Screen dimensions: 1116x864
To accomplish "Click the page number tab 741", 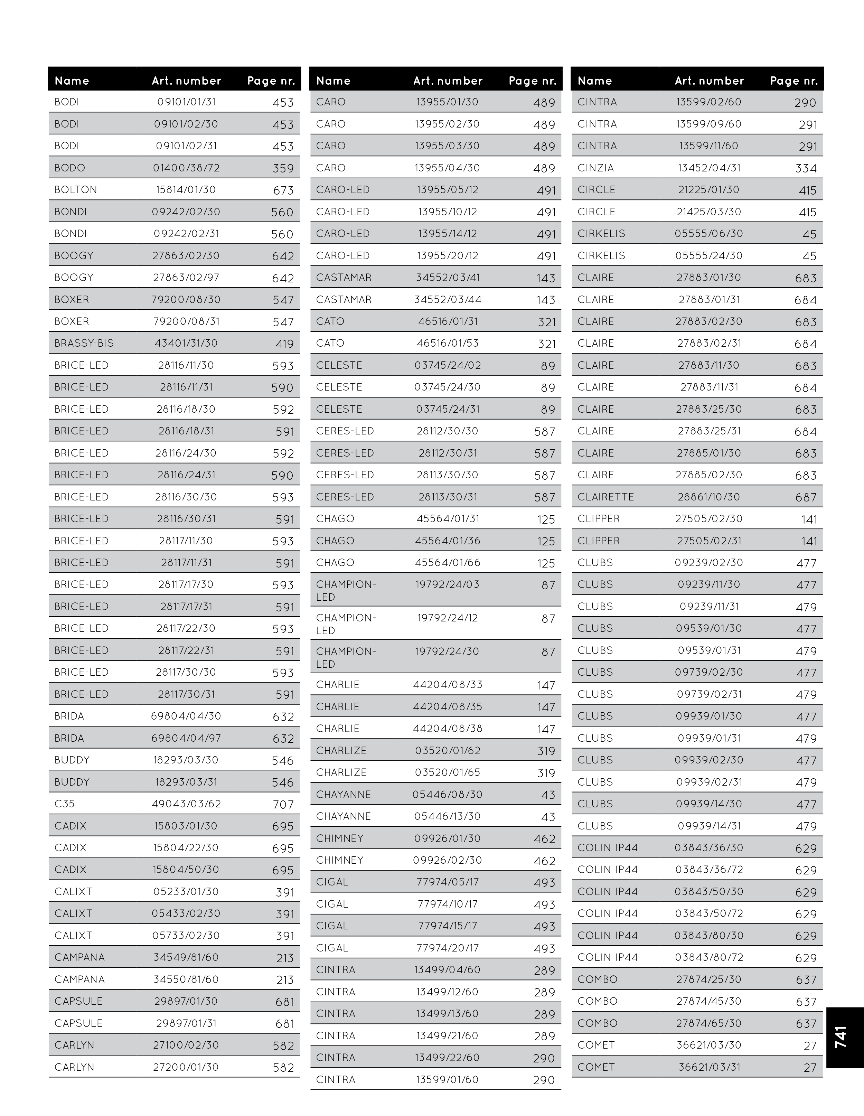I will pos(841,1037).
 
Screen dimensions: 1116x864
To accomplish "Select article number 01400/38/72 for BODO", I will pos(186,168).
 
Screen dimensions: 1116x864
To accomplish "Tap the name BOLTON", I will pos(76,190).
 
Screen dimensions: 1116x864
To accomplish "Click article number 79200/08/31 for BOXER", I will pos(186,321).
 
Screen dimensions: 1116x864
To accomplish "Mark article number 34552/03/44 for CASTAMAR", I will pos(448,299).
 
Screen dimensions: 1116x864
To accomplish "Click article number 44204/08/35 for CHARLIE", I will pos(448,707).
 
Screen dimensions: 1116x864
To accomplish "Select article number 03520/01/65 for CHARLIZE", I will pos(448,772).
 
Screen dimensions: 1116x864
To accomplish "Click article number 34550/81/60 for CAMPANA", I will pos(186,979).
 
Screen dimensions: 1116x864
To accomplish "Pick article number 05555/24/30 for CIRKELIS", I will pos(709,255).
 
